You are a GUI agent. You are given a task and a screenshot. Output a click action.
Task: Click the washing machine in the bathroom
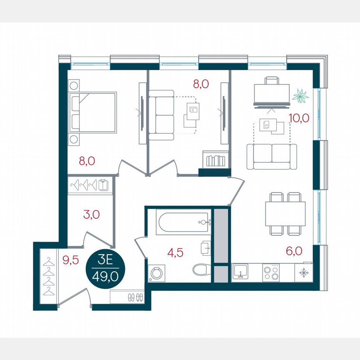click(x=157, y=273)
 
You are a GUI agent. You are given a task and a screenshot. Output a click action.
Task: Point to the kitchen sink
click(x=240, y=272)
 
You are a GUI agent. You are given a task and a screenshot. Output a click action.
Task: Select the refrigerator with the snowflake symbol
click(x=303, y=272)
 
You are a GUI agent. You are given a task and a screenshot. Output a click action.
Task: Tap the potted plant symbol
click(x=300, y=97)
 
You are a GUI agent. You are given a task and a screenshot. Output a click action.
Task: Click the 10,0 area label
click(x=299, y=118)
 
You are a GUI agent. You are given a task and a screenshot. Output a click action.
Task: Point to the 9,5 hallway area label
click(x=70, y=260)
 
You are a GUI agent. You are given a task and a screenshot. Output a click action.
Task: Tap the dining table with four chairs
click(x=285, y=213)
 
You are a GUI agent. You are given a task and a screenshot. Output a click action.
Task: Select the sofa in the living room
click(x=272, y=156)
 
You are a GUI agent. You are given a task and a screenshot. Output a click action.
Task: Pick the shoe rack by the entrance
click(x=127, y=297)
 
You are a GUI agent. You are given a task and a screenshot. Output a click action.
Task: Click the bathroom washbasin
click(x=206, y=248)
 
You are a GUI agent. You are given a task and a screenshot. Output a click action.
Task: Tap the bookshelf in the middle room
click(x=215, y=160)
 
